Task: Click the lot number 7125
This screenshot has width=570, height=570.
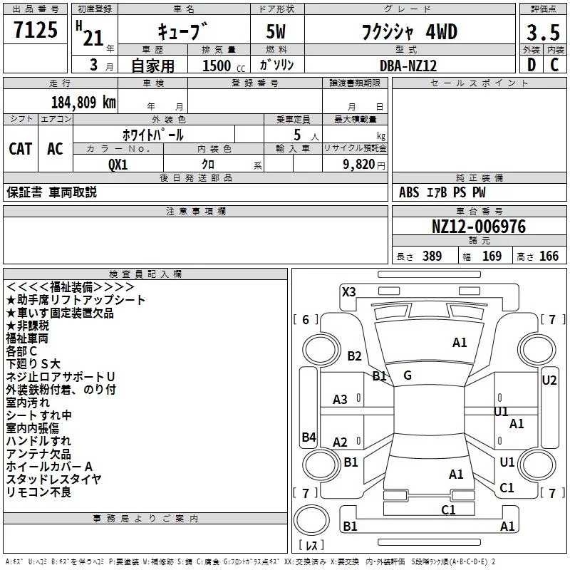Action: [36, 31]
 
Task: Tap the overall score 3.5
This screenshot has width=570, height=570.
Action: [541, 33]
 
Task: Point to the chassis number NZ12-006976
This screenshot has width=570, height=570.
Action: [479, 227]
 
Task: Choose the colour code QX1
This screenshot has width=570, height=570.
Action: [118, 163]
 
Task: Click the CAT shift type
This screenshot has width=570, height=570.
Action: [21, 148]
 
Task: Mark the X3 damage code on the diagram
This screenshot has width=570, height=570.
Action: [348, 291]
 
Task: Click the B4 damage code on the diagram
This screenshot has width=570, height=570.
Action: [309, 437]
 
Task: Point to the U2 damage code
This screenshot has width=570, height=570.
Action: [549, 380]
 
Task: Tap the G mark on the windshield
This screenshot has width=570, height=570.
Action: [407, 375]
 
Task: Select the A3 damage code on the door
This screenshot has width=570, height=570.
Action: [341, 400]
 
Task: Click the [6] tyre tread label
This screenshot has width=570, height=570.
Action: [306, 319]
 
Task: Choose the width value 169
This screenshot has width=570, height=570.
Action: [492, 256]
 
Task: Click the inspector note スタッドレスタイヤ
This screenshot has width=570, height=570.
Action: [53, 479]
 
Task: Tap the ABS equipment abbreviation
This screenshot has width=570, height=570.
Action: [410, 192]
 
